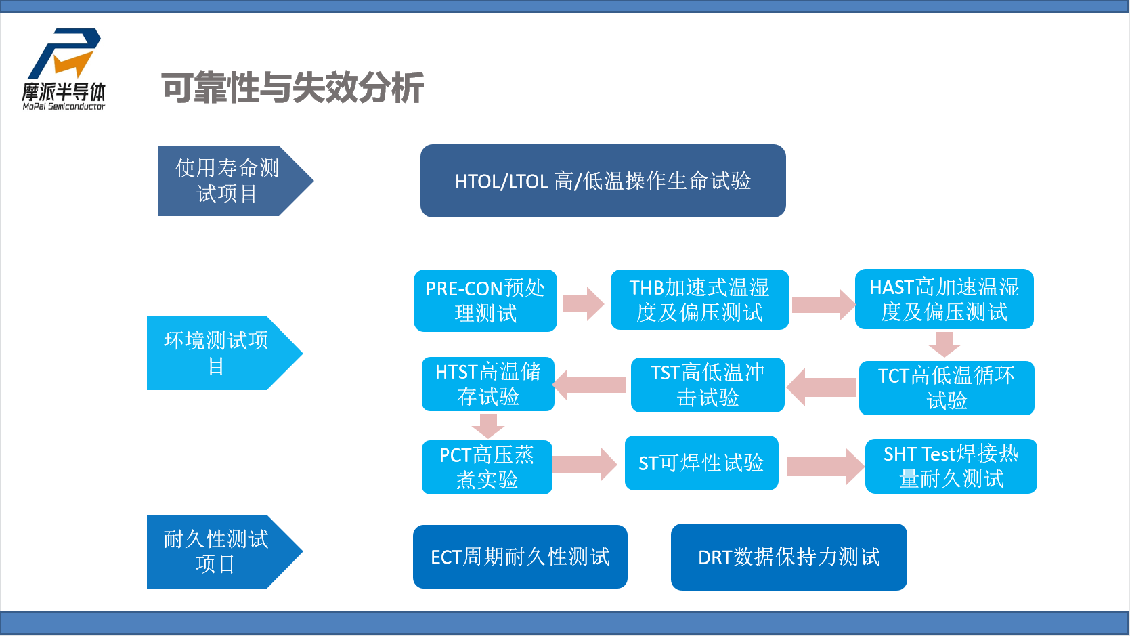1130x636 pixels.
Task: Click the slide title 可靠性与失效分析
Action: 292,88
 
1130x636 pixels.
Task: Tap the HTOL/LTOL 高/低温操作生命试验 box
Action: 603,181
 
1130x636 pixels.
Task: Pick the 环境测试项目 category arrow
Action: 217,353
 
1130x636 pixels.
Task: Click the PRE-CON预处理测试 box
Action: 485,301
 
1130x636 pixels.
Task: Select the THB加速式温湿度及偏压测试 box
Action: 699,300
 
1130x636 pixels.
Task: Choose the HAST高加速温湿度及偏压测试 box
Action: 944,299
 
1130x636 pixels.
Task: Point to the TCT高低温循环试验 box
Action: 946,388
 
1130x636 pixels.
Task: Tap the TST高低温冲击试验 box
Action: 707,385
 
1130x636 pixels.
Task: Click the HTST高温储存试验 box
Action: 487,384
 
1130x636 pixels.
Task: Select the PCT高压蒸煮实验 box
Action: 486,467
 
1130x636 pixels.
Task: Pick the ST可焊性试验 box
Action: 701,463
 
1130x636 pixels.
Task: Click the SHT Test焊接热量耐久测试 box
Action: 951,466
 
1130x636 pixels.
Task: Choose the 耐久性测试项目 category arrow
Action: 217,551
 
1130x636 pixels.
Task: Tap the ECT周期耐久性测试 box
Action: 520,557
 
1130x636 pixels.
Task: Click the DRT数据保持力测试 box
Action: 789,557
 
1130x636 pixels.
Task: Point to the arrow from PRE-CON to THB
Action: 583,303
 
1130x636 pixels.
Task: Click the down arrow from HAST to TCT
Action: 944,343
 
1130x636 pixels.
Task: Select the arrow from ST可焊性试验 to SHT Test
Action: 825,467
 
